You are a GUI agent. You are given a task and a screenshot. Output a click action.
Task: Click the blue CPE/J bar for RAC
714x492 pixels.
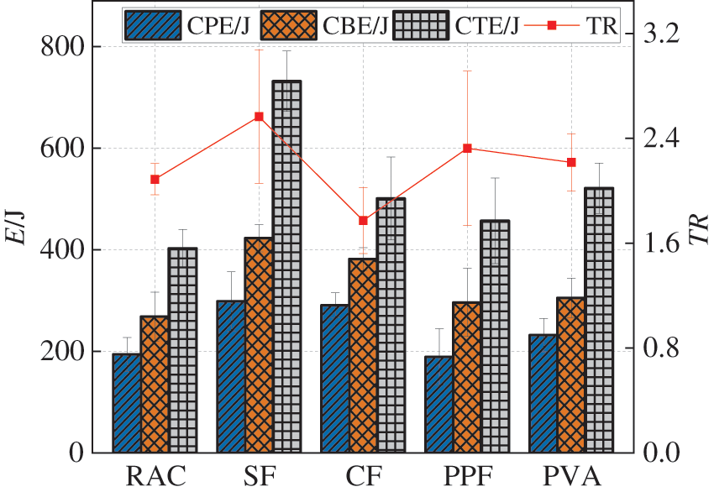pyautogui.click(x=126, y=403)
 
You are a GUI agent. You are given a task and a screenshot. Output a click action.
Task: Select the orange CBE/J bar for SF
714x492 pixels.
pyautogui.click(x=259, y=345)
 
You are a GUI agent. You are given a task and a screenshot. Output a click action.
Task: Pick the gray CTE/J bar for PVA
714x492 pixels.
pyautogui.click(x=599, y=320)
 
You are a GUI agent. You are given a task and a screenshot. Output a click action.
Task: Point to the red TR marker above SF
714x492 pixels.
pyautogui.click(x=259, y=117)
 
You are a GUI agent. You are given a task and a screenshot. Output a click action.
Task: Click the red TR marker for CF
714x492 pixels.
pyautogui.click(x=363, y=221)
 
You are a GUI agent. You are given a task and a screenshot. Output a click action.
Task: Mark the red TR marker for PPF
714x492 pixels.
pyautogui.click(x=467, y=149)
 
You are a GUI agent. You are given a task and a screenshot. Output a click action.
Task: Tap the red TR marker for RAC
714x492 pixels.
pyautogui.click(x=155, y=179)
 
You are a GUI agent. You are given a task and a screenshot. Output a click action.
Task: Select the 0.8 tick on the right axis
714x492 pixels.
pyautogui.click(x=659, y=348)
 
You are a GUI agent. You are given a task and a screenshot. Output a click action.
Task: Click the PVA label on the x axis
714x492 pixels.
pyautogui.click(x=571, y=476)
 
